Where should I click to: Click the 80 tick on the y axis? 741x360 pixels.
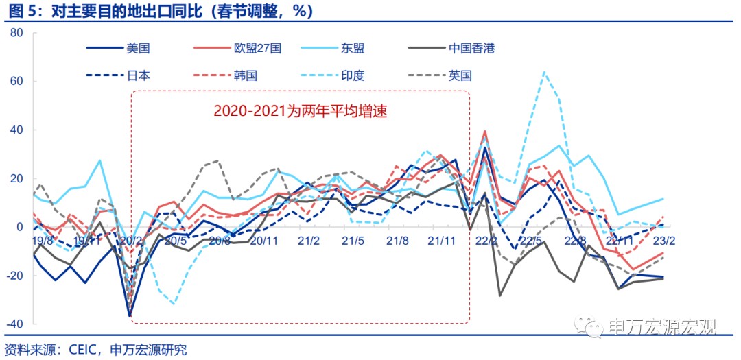(x=17, y=32)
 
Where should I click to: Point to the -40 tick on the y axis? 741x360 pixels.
(x=14, y=324)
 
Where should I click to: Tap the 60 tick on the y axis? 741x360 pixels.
(x=17, y=81)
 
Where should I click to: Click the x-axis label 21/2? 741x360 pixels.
(x=309, y=241)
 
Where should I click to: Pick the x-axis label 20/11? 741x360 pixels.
(x=264, y=241)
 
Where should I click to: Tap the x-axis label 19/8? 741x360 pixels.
(x=43, y=241)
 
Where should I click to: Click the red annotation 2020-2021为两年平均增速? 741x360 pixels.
(x=300, y=110)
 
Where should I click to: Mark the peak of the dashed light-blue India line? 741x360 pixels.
(x=543, y=71)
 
